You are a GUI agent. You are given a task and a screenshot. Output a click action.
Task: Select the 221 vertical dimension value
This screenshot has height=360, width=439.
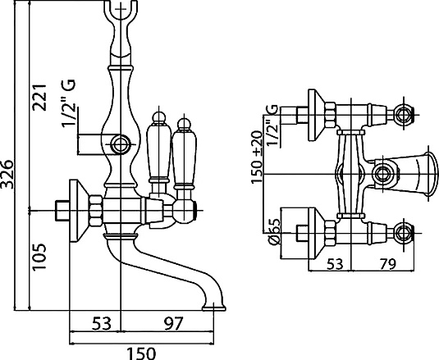coord(39,98)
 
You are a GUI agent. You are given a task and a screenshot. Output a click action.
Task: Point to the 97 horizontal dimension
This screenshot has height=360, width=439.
coord(173,323)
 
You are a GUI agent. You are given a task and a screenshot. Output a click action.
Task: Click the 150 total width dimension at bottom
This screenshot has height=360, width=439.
coord(142,353)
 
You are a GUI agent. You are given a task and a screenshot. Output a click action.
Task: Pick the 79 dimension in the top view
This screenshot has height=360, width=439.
coord(388,263)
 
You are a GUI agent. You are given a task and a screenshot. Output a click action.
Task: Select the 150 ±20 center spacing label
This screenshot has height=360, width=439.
coord(257,157)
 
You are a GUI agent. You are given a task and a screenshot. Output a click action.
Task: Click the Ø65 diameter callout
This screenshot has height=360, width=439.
coord(274,232)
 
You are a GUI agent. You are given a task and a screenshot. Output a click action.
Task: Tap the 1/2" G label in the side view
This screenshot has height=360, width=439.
coord(69,104)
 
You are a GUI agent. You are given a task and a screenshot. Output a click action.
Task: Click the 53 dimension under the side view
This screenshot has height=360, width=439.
coord(102,323)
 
